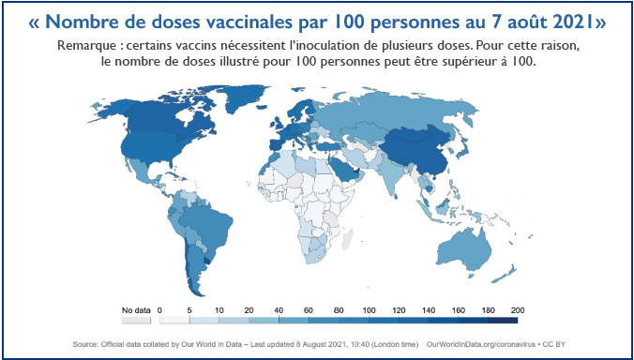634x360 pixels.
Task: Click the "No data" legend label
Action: [136, 308]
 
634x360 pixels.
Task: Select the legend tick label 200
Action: [516, 308]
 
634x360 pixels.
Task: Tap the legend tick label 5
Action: [189, 308]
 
